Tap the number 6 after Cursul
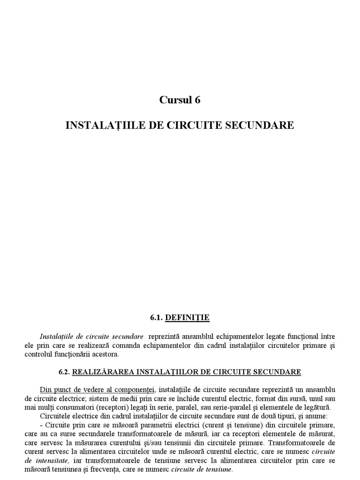click(197, 100)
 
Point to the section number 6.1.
click(156, 318)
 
